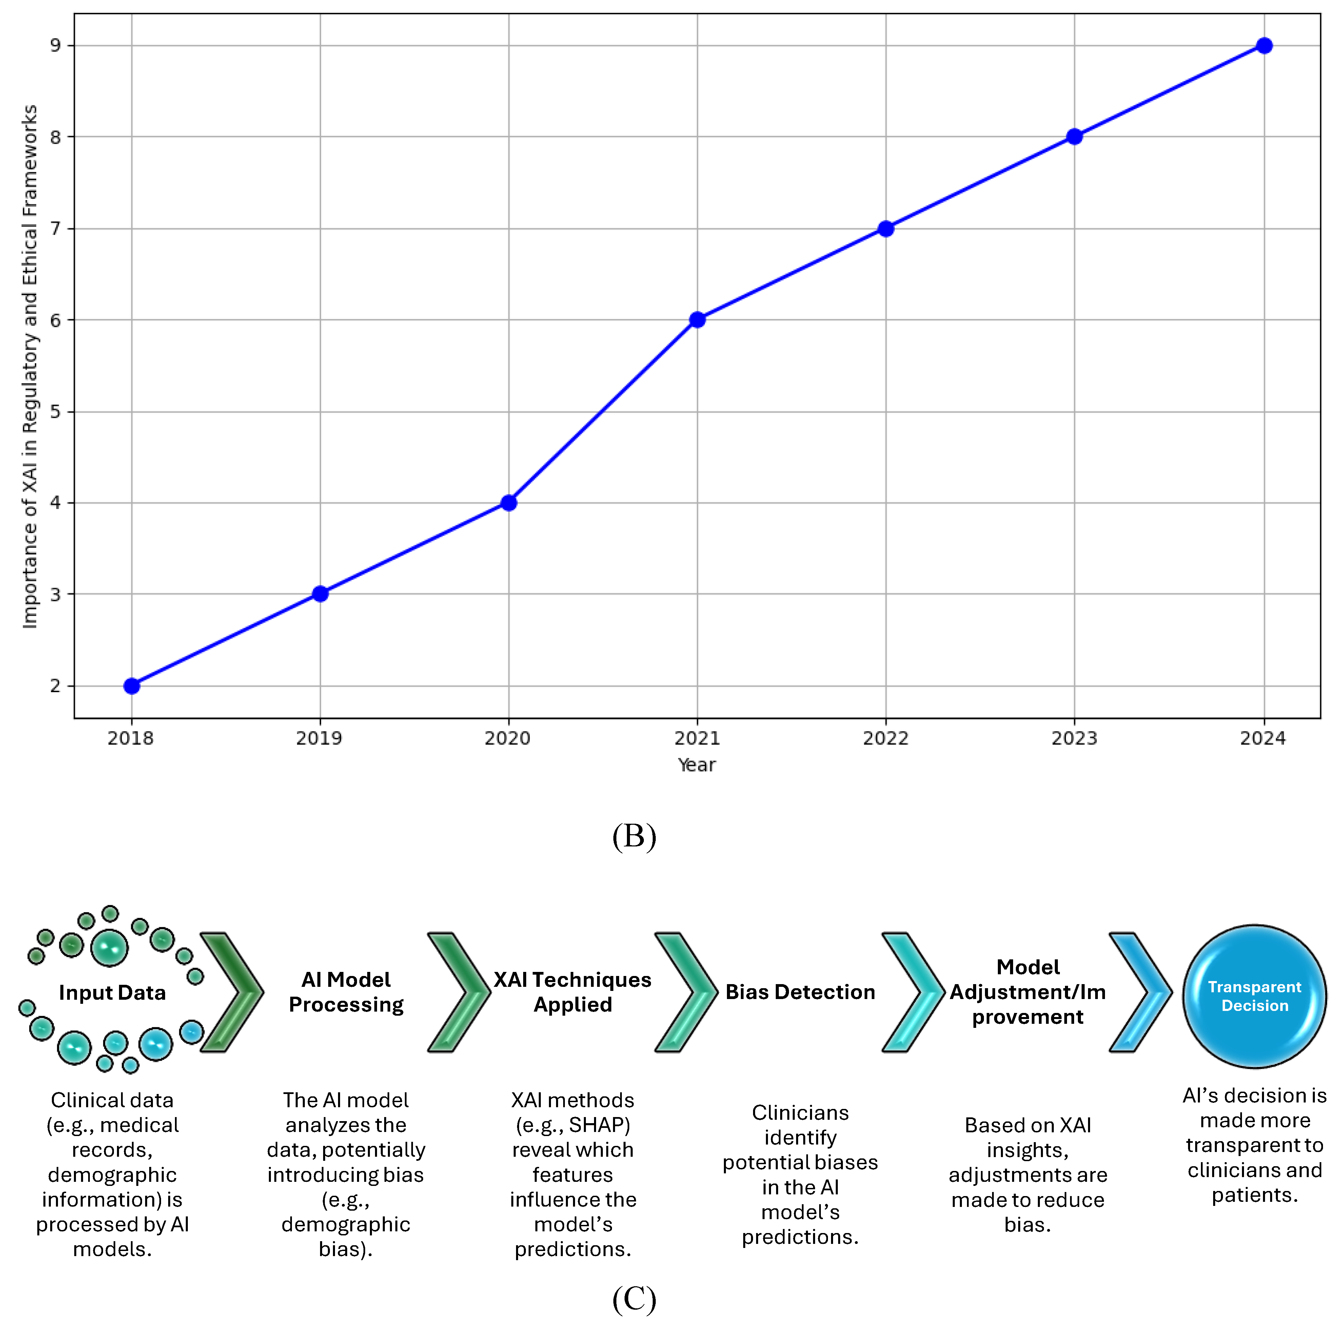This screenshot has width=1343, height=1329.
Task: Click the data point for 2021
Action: point(697,320)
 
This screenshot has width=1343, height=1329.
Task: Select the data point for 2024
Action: point(1264,46)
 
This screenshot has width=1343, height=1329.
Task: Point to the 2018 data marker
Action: point(131,686)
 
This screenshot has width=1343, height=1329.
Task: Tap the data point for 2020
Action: point(509,503)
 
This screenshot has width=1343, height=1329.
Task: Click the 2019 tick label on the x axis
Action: point(319,738)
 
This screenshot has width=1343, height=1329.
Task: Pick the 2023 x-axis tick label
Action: point(1074,738)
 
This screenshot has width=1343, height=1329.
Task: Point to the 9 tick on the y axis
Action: point(55,46)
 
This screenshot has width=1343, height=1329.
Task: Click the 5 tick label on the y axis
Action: point(55,411)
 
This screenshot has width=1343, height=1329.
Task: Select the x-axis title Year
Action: point(696,765)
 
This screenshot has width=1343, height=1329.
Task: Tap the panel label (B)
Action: point(634,836)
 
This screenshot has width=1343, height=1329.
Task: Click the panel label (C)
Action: point(634,1298)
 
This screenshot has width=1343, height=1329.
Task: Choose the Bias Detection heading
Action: point(800,992)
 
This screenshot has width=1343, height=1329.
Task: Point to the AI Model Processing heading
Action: point(346,992)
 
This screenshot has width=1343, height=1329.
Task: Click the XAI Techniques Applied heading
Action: point(573,992)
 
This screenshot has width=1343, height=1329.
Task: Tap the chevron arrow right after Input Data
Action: point(232,992)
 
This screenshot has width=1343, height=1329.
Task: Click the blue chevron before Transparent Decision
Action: point(1140,992)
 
